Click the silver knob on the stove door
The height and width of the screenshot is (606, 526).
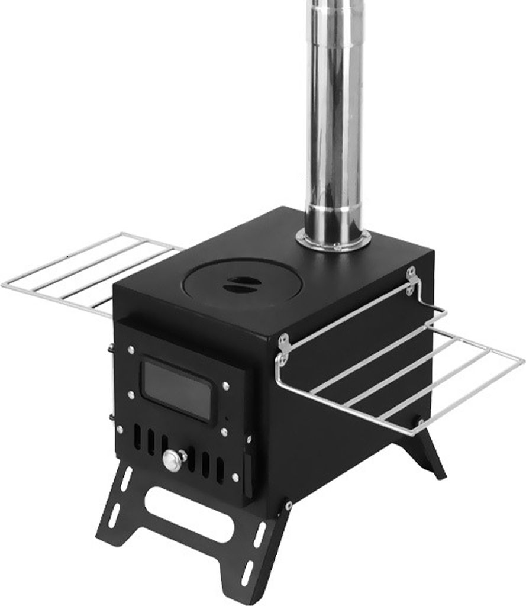[173, 460]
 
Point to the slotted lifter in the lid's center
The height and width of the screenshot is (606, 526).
[240, 283]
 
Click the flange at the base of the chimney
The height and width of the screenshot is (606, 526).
[334, 241]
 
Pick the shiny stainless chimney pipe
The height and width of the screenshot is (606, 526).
[334, 118]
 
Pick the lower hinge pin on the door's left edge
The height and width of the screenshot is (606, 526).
[111, 417]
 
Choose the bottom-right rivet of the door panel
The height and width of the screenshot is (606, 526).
[235, 477]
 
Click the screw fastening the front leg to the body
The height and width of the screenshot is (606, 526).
[288, 505]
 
